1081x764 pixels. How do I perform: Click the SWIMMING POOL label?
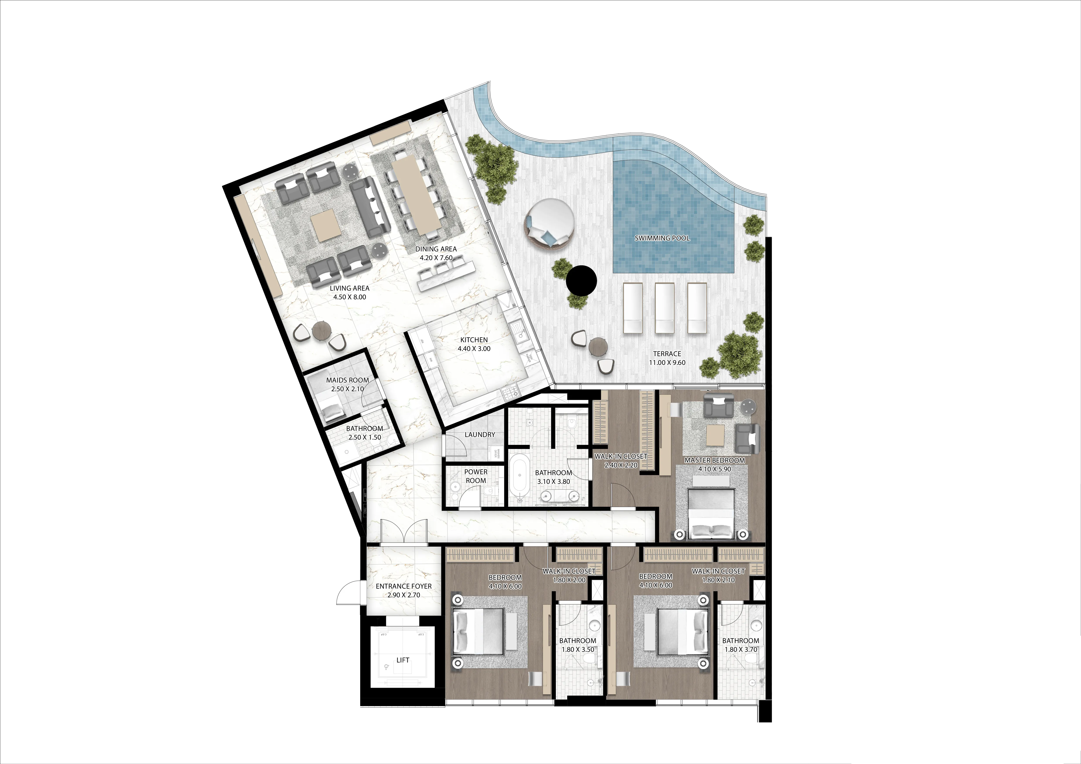click(662, 238)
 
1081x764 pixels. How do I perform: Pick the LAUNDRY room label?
click(480, 434)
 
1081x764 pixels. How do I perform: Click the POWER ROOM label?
click(475, 476)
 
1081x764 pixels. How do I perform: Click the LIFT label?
click(402, 660)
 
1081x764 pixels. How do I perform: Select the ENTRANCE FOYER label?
click(404, 586)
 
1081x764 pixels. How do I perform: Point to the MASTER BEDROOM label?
click(714, 460)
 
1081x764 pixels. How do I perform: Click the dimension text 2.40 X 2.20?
click(621, 465)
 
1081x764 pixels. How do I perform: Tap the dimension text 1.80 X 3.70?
click(741, 650)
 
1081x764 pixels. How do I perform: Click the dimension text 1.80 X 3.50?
click(578, 650)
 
